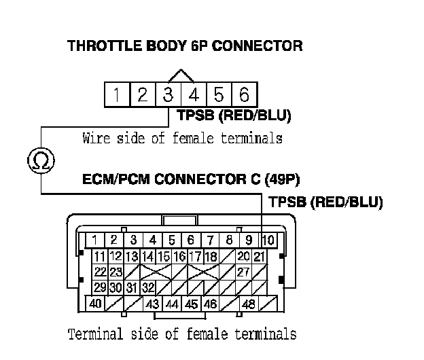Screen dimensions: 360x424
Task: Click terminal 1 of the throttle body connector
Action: click(x=117, y=94)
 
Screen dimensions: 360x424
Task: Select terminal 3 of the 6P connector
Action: click(x=168, y=94)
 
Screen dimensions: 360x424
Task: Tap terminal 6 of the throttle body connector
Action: click(x=244, y=94)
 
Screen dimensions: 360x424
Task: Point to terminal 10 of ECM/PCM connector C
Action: click(x=268, y=240)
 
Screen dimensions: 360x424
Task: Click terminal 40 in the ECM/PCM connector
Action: click(x=96, y=304)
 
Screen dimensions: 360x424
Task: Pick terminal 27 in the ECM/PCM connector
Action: click(x=243, y=272)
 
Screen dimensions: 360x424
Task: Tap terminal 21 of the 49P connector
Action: click(x=259, y=256)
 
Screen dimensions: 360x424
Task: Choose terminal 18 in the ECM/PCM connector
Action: click(x=211, y=256)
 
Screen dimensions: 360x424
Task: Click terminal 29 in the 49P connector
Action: click(x=100, y=287)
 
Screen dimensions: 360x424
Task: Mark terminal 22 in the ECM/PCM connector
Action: click(x=100, y=272)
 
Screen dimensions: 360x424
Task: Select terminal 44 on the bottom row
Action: click(x=172, y=304)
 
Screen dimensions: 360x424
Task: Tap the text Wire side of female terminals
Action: click(x=182, y=139)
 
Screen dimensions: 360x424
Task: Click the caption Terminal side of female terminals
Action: click(x=182, y=334)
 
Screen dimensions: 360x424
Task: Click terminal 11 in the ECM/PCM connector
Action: click(x=100, y=256)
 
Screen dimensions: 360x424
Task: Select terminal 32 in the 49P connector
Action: click(x=147, y=287)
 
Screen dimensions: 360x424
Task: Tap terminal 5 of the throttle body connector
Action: click(x=219, y=94)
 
